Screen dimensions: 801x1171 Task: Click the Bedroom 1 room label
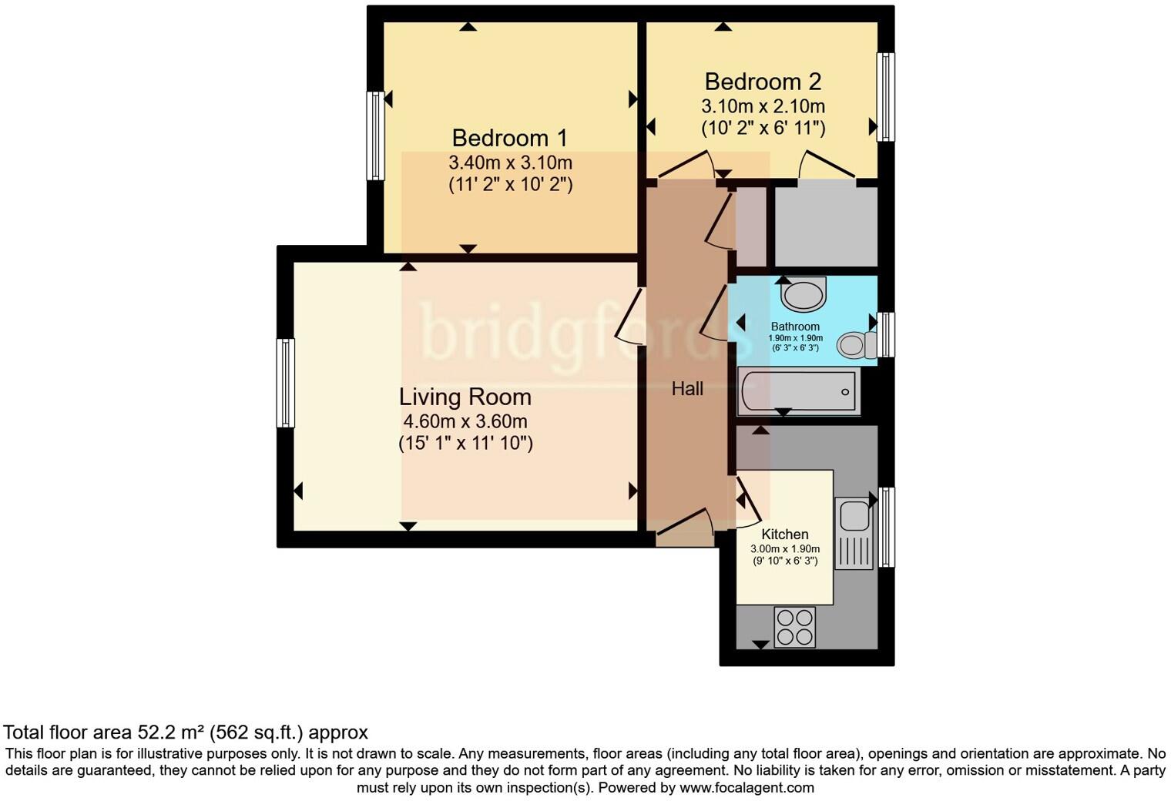(509, 138)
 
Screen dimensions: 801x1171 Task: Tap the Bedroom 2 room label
(763, 82)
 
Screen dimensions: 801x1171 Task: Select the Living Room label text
(465, 397)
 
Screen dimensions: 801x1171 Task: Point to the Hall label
(687, 389)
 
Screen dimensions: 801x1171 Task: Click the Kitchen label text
(785, 535)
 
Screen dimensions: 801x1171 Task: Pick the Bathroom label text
(795, 327)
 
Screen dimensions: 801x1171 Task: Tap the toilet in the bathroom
(856, 345)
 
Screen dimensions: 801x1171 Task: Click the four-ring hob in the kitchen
(795, 627)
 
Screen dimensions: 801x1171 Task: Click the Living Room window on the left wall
(286, 383)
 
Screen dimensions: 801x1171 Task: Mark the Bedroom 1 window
(375, 136)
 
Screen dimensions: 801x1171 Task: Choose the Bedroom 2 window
(886, 97)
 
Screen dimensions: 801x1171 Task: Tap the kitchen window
(887, 527)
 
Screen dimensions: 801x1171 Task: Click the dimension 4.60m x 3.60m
(465, 421)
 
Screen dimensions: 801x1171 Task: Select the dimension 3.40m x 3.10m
(510, 163)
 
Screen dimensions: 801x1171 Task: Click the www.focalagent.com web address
(747, 788)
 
